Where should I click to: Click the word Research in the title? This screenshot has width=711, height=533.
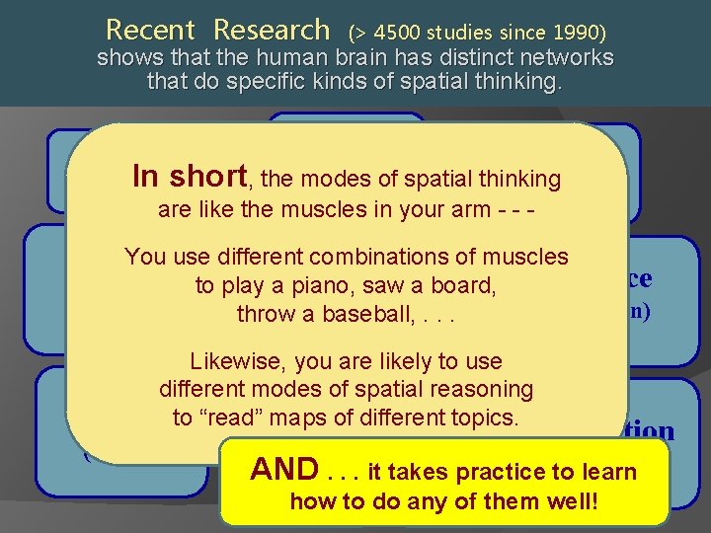(x=272, y=30)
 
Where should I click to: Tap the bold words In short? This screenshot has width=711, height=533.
(x=189, y=176)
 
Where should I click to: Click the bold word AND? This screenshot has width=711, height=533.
(x=283, y=469)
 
